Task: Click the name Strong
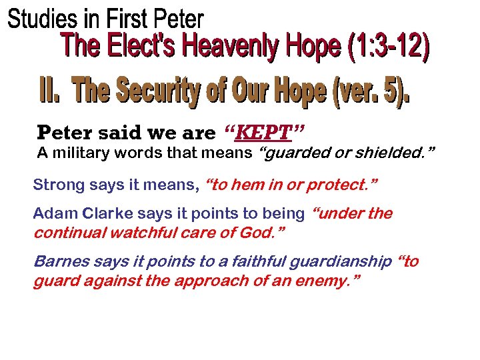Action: [55, 185]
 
